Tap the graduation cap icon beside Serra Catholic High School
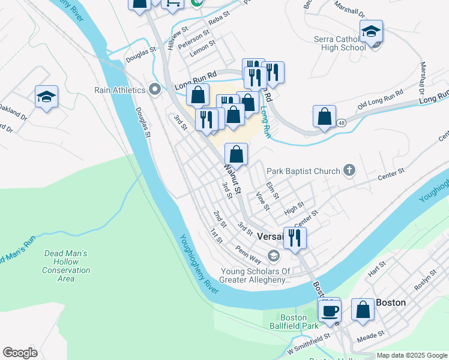coord(372,31)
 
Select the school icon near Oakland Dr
coord(46,97)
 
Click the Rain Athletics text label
coord(120,90)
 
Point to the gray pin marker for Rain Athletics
coord(155,90)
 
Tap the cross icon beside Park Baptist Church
coord(349,171)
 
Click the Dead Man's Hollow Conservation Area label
coord(66,266)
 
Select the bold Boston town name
coord(391,302)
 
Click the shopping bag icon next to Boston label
coord(363,310)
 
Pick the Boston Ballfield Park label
coord(294,322)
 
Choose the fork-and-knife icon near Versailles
coord(295,238)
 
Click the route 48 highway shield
coord(341,123)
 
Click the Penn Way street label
coord(248,254)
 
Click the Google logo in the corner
coord(20,353)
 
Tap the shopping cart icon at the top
coord(172,4)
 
